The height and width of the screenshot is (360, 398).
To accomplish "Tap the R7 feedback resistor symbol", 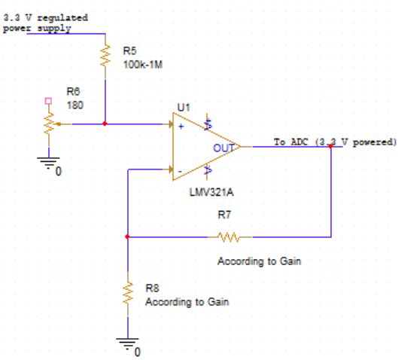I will [229, 236].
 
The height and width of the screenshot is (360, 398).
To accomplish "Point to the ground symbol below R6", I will [49, 163].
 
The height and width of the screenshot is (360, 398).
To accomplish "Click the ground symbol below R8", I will [128, 343].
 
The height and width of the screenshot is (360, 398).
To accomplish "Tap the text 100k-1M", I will [143, 64].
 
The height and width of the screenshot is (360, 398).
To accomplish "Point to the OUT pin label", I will [223, 148].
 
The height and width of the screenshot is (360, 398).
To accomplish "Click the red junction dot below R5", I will [105, 124].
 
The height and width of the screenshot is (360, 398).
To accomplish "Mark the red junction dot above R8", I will [128, 236].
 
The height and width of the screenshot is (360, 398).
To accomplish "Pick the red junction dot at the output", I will [330, 147].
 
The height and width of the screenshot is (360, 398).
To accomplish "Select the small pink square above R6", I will [49, 99].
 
